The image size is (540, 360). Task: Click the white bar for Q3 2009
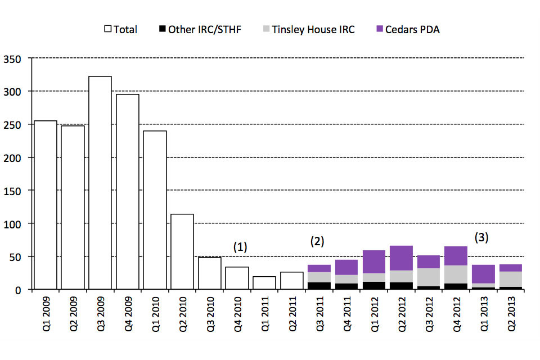click(x=100, y=183)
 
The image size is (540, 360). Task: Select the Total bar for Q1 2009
click(x=46, y=205)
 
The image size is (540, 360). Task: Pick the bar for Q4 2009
click(x=127, y=191)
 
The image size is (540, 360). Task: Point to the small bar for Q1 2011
click(x=264, y=283)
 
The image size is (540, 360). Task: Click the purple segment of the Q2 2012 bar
click(x=401, y=258)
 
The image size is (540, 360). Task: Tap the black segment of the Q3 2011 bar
click(x=319, y=286)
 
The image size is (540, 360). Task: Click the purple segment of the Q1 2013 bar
click(x=483, y=274)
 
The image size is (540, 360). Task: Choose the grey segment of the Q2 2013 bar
click(x=510, y=279)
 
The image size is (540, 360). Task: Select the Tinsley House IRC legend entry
click(x=308, y=29)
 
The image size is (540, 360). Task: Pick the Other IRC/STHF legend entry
click(x=199, y=29)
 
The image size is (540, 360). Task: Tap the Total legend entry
click(x=120, y=29)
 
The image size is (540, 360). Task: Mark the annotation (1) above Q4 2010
click(x=241, y=246)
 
